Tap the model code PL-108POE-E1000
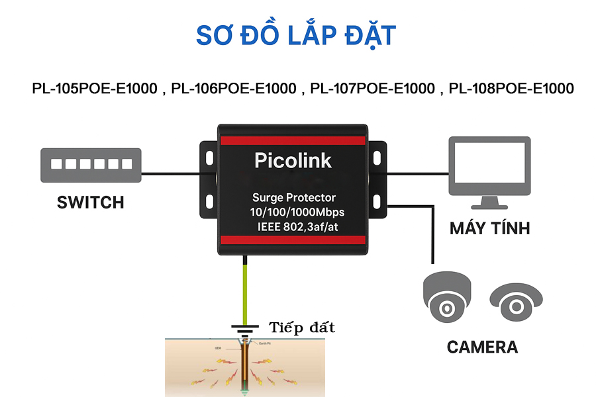[x=511, y=89]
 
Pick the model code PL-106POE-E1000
[x=234, y=89]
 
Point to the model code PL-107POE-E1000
[x=373, y=89]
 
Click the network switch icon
[x=91, y=165]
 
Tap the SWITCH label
[x=91, y=202]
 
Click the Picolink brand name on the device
[x=293, y=160]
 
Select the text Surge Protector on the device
[x=294, y=197]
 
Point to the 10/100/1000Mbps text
[x=294, y=212]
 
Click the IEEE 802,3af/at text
[x=294, y=227]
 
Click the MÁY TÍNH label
[x=490, y=229]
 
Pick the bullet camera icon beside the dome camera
[x=515, y=303]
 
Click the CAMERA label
[x=482, y=347]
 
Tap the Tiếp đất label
[x=302, y=328]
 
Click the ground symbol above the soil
[x=245, y=328]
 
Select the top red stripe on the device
[x=293, y=140]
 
